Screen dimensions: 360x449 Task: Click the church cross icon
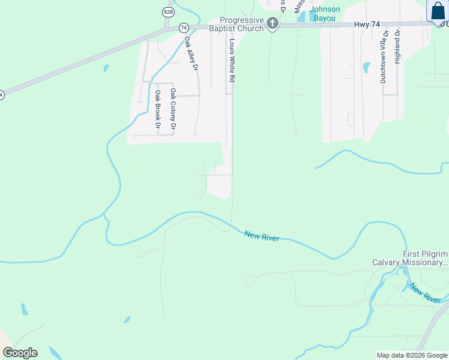click(x=273, y=23)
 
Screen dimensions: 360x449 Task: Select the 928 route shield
click(x=167, y=12)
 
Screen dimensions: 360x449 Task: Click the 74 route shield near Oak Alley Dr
click(x=184, y=28)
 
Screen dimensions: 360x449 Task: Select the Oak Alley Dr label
click(x=191, y=54)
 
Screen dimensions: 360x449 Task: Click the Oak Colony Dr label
click(x=173, y=109)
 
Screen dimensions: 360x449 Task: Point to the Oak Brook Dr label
click(x=158, y=110)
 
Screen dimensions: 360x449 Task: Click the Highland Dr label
click(x=397, y=58)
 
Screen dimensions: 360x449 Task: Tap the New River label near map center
click(x=262, y=236)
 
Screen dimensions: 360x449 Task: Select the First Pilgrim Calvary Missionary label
click(x=409, y=258)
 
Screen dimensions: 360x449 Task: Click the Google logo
click(x=20, y=353)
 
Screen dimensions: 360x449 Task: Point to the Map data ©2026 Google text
click(x=412, y=355)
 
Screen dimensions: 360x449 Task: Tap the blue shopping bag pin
click(x=436, y=11)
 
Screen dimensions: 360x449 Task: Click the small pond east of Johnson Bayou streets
click(x=366, y=67)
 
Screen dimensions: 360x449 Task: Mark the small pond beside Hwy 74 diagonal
click(x=106, y=68)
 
